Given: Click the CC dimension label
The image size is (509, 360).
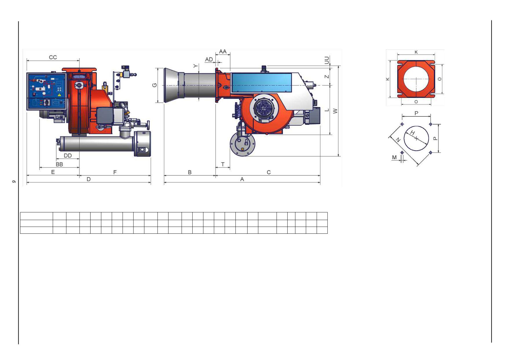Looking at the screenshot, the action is pos(53,57).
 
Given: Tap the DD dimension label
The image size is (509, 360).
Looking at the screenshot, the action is pos(68,156).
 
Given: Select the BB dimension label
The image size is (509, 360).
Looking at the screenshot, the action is pos(59,164).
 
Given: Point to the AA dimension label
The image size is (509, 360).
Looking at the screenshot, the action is pos(223,51).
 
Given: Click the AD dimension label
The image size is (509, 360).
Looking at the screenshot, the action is pos(209,60).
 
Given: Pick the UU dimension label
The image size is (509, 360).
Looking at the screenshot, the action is pos(327,60).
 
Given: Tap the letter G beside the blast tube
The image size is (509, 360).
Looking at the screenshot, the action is pos(154,85).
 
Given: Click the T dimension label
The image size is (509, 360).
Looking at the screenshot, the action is pos(223,164).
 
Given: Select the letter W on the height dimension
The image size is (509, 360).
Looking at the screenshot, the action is pos(335,111).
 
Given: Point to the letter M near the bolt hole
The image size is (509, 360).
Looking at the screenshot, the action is pos(394,157).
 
